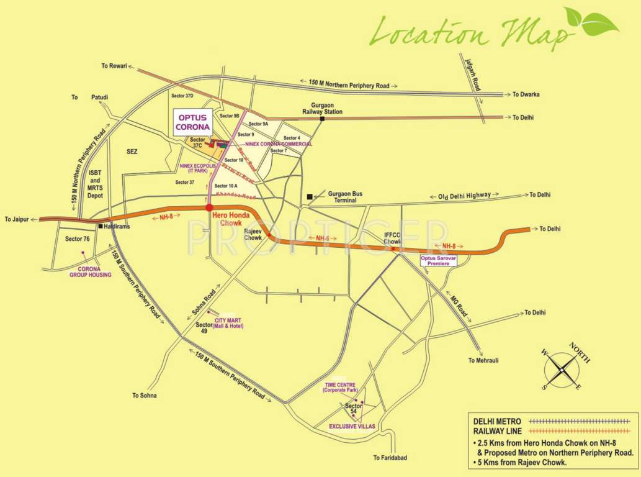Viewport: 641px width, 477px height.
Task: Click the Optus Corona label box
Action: pos(192,122)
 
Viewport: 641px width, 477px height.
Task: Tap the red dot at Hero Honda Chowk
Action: pos(209,208)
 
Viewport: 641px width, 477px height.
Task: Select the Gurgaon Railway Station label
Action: pos(322,108)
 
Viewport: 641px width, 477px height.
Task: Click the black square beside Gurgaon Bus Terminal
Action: pos(309,197)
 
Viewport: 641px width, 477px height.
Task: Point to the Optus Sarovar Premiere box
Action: pos(439,260)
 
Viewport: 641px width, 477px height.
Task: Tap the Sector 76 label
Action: pos(78,239)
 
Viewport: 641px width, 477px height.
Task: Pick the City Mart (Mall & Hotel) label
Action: pos(228,323)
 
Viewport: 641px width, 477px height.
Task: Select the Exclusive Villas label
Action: pos(350,427)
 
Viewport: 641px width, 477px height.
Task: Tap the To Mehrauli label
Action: pos(484,360)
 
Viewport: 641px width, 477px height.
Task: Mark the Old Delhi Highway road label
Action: pos(464,196)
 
